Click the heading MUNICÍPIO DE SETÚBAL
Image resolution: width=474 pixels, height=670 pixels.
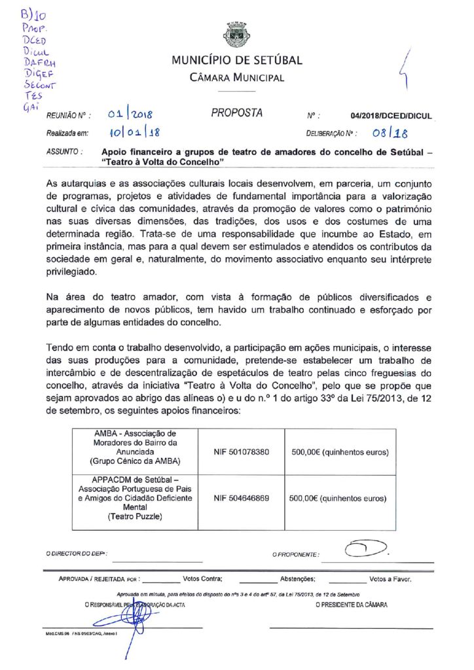click(x=236, y=61)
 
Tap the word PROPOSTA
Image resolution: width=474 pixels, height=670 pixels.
click(x=236, y=113)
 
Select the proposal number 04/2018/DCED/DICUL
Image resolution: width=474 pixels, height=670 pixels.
click(x=391, y=116)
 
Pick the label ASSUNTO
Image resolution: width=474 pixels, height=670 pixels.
click(x=64, y=151)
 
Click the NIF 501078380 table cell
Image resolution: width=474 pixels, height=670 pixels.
click(x=242, y=452)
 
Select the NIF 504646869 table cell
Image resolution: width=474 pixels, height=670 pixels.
click(x=242, y=498)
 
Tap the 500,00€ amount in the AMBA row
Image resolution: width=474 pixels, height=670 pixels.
click(x=338, y=452)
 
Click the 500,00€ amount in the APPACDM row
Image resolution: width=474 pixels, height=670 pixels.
click(x=338, y=498)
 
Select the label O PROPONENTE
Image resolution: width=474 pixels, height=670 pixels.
click(x=296, y=555)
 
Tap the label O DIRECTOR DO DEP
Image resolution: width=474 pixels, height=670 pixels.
click(x=76, y=554)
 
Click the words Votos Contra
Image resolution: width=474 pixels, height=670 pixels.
click(x=203, y=579)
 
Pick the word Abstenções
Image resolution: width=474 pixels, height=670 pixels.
click(x=298, y=579)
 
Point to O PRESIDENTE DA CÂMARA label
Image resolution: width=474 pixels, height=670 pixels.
click(x=351, y=605)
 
